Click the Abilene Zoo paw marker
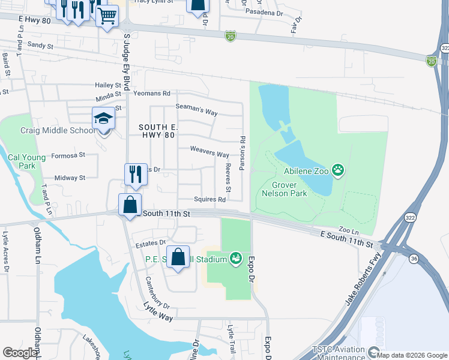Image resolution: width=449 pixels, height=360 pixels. [x=339, y=170]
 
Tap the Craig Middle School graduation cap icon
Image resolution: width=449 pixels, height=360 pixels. [x=103, y=118]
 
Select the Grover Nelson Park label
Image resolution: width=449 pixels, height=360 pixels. [x=285, y=189]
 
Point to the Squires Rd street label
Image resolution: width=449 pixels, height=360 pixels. [x=209, y=199]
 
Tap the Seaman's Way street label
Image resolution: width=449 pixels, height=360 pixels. [x=196, y=109]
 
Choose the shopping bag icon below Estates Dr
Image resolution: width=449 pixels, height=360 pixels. [x=178, y=257]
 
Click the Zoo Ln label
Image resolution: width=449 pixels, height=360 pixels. [x=348, y=230]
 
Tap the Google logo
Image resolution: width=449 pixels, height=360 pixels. [x=20, y=352]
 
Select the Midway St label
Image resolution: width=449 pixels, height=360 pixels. [x=70, y=178]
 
